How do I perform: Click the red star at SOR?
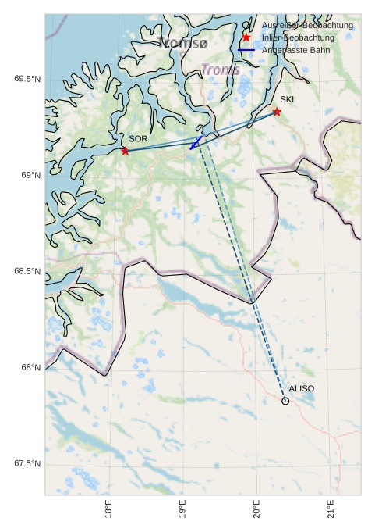125,151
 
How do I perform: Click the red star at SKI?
277,112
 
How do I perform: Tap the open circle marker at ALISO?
285,401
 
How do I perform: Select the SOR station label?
138,139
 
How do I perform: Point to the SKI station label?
287,100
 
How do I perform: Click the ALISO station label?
301,388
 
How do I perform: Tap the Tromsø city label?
182,43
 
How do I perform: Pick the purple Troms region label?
221,70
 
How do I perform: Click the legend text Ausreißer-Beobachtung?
307,26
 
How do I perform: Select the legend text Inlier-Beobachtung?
298,37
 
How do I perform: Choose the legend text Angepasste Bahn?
295,50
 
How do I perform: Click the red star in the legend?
246,37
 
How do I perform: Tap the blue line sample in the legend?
246,50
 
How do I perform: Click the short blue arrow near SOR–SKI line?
196,143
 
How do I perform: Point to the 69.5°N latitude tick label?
27,79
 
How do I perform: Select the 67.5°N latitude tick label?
27,464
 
